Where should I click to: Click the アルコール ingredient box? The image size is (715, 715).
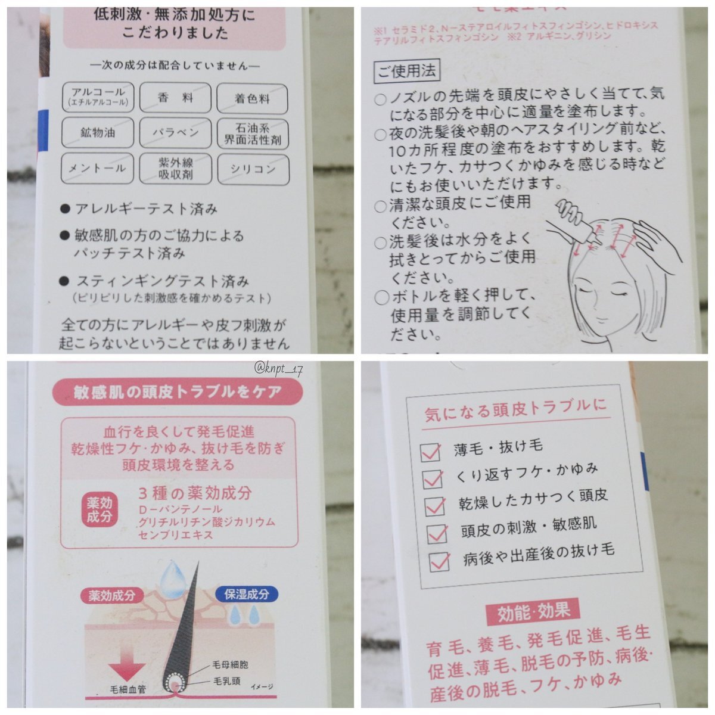98,97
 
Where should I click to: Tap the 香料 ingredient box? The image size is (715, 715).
175,98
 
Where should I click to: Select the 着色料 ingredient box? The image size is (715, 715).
252,99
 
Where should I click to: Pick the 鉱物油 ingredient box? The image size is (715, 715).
98,132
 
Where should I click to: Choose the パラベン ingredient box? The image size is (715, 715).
175,133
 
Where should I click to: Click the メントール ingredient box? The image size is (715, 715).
97,168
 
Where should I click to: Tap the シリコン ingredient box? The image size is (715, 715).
253,170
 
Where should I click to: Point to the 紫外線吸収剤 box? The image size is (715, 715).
176,169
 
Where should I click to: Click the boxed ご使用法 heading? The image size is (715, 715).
407,70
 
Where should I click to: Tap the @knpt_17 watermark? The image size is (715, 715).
278,369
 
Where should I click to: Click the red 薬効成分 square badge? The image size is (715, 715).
100,510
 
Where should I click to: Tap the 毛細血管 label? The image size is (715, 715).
128,689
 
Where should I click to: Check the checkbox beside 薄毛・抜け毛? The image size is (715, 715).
431,452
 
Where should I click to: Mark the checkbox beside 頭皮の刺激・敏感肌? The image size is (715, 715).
437,534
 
